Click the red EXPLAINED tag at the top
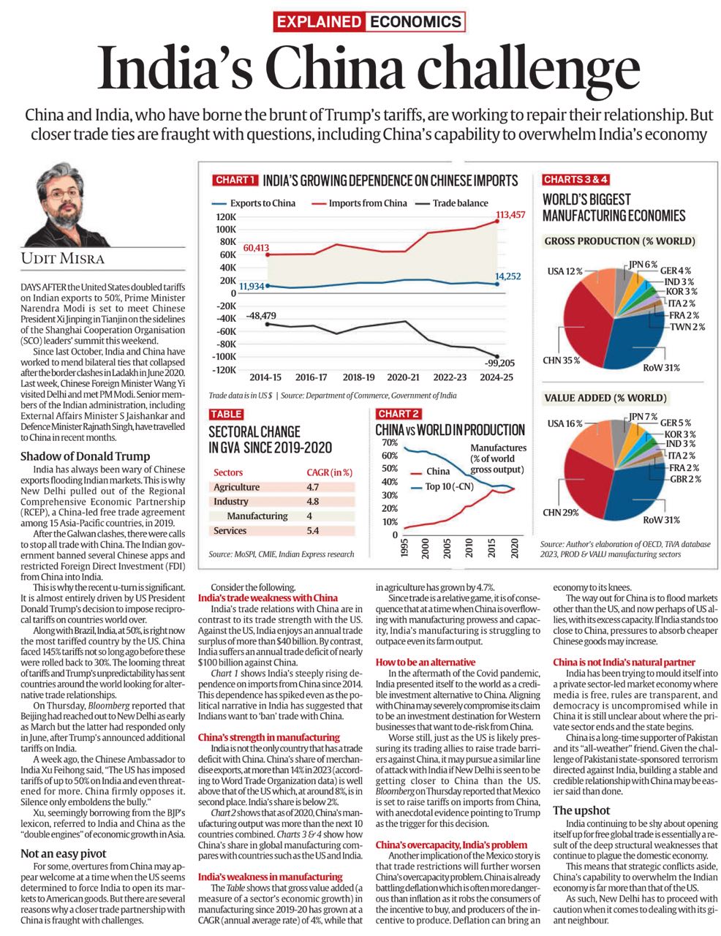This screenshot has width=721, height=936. [319, 21]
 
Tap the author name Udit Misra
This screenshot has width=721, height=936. [63, 258]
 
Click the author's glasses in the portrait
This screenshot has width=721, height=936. [64, 195]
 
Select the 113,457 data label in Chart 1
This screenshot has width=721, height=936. [510, 214]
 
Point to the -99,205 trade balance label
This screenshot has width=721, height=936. [499, 363]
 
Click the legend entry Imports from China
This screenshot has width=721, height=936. [367, 203]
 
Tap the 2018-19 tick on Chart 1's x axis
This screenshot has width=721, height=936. [358, 377]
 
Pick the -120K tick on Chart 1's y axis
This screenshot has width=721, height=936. [224, 370]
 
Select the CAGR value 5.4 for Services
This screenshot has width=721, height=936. [313, 531]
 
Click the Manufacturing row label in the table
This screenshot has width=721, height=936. [257, 516]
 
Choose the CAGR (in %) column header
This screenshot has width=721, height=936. [330, 472]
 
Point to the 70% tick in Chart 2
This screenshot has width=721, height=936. [390, 442]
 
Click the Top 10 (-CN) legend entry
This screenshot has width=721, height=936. [443, 487]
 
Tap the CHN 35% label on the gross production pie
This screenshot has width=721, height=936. [561, 360]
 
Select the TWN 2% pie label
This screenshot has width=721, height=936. [687, 327]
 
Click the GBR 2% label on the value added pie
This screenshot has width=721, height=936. [685, 479]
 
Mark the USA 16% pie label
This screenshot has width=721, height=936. [565, 423]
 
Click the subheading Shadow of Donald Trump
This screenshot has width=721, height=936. [86, 456]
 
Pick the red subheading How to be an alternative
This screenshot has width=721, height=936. [426, 662]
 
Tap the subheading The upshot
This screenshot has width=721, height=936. [581, 811]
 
